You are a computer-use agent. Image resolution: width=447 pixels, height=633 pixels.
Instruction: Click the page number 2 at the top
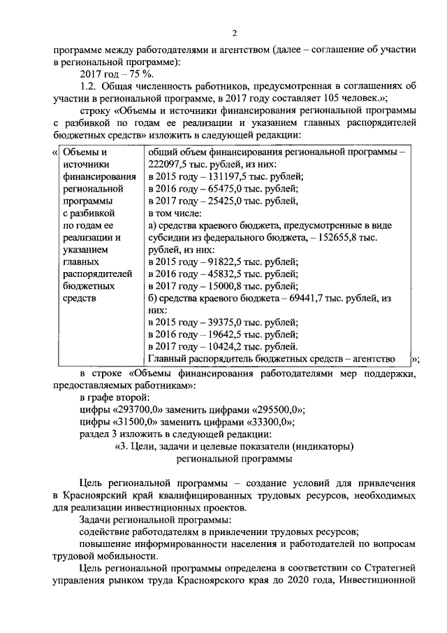(235, 34)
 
